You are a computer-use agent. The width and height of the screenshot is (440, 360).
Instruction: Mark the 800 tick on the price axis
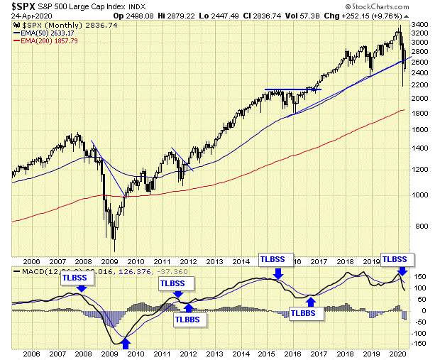421,226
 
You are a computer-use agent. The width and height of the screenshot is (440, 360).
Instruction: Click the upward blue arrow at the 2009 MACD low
126,343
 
